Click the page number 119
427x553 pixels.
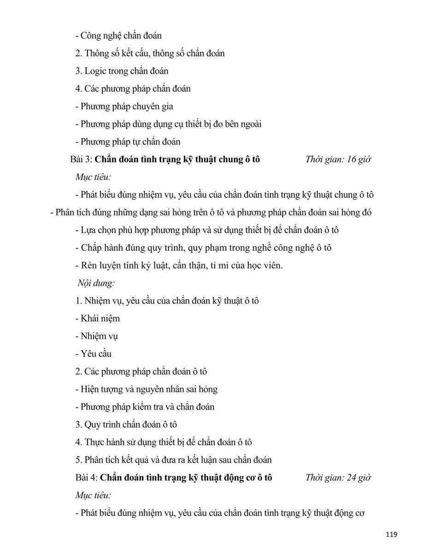tap(391, 535)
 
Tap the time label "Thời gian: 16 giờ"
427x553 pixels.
tap(338, 159)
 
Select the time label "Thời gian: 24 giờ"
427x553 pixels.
tap(338, 477)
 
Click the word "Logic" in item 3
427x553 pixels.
tap(95, 71)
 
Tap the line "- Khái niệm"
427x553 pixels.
tap(98, 318)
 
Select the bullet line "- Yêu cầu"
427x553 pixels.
tap(94, 354)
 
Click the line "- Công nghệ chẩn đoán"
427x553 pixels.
tap(118, 35)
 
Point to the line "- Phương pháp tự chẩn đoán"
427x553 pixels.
tap(128, 142)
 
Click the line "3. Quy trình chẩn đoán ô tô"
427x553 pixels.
tap(126, 424)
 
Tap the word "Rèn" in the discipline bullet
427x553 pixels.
tap(88, 265)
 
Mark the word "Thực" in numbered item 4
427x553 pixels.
tap(94, 442)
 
